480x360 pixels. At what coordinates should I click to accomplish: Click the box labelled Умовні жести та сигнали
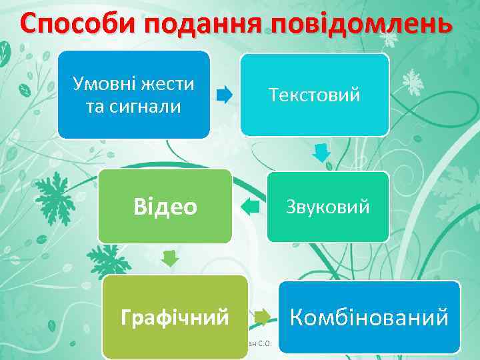tap(133, 95)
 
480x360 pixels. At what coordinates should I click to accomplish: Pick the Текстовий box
tap(315, 95)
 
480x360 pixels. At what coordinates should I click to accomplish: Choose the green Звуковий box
tap(327, 207)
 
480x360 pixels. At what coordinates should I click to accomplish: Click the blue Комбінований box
tap(369, 317)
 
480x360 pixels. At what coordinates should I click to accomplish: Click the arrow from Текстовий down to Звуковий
tap(322, 153)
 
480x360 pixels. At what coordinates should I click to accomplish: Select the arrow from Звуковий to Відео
tap(250, 207)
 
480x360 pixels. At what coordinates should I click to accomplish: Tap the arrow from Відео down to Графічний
tap(171, 257)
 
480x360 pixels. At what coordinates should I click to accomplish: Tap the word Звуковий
tap(327, 207)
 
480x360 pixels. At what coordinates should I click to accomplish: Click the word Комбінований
tap(369, 317)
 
